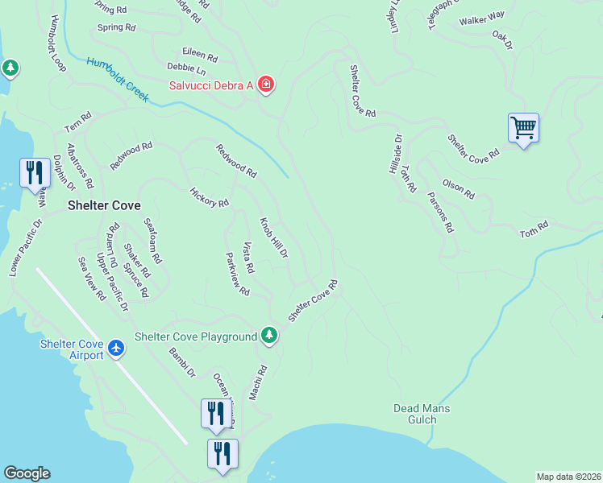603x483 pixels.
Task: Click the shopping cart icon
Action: [x=523, y=128]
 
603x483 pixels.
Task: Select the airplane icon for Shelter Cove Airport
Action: [x=117, y=348]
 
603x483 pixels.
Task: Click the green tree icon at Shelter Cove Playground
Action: [x=269, y=336]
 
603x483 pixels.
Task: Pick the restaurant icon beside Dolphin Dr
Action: [x=34, y=172]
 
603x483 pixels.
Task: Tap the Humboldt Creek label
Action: [x=118, y=80]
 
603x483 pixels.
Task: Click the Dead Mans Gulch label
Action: [x=422, y=414]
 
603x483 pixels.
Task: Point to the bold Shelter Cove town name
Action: [x=104, y=205]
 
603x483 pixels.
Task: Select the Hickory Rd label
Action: [x=209, y=197]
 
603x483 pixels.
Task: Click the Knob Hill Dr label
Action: [x=273, y=237]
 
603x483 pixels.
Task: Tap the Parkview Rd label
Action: [x=238, y=274]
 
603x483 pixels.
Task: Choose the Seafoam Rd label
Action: [x=153, y=242]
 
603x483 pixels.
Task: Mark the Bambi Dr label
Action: [x=182, y=362]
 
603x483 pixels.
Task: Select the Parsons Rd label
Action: [x=439, y=212]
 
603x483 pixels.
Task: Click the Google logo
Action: [x=27, y=473]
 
